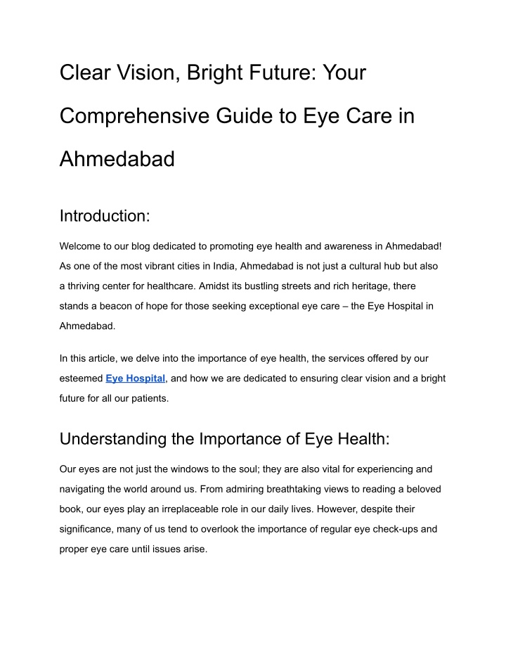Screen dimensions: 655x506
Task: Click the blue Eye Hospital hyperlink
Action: coord(136,379)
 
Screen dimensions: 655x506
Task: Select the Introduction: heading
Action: coord(105,216)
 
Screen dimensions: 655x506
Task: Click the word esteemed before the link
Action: coord(81,379)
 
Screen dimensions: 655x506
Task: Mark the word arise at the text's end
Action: coord(194,548)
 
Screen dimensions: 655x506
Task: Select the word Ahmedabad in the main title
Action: coord(117,160)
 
